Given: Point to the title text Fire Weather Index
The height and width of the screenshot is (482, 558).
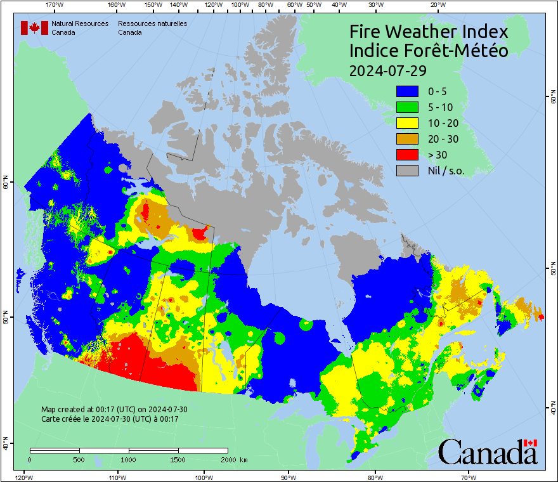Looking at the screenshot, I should point(429,32).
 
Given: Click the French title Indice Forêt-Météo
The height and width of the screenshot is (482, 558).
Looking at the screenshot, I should point(429,51).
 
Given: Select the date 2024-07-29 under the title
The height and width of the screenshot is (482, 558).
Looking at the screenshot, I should point(387,70).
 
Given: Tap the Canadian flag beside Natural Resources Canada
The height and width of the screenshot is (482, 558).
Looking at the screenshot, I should point(34,28).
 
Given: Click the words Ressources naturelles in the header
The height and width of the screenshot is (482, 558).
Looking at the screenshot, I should point(152,23).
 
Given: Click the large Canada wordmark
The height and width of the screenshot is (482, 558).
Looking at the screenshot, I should point(488,452).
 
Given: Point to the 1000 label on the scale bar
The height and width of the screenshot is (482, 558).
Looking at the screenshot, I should point(129,459).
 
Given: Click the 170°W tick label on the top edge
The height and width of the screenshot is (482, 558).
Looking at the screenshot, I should point(55,4).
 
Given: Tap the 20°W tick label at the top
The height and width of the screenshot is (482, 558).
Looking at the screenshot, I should point(436,4).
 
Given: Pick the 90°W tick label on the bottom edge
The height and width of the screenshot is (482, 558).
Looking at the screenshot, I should point(289,478).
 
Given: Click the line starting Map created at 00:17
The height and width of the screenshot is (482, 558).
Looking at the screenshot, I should point(114,410).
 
